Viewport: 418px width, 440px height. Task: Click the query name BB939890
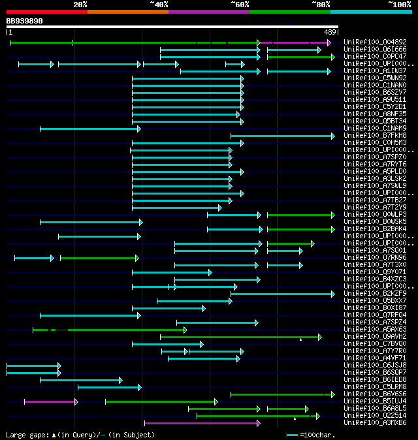[25, 21]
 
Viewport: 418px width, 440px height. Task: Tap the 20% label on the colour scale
[80, 5]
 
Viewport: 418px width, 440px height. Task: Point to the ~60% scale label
[240, 5]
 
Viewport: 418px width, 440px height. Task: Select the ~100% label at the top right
[399, 5]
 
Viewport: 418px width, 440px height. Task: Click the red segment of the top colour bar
[46, 12]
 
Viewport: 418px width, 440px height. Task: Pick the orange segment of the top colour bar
[127, 12]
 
